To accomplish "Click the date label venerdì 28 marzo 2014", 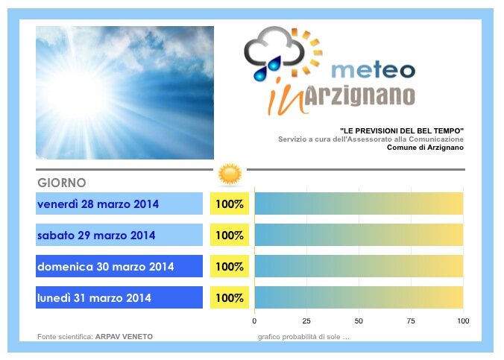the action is coord(98,204).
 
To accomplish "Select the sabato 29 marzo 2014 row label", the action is coord(96,236).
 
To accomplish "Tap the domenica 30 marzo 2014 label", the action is coord(106,267).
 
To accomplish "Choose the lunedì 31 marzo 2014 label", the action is coord(94,298).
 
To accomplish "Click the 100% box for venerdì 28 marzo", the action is coord(230,203).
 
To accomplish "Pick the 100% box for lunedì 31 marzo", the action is coord(230,297).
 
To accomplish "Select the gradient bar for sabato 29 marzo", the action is coord(359,235).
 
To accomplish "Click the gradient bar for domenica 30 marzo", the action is coord(359,266).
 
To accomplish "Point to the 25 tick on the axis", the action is coord(306,320).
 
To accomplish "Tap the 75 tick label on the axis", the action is coord(411,320).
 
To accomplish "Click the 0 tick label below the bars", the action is coord(254,320).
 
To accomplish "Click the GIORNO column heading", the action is coord(62,183).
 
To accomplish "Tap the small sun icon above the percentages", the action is coord(230,174).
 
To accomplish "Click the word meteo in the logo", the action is coord(374,70).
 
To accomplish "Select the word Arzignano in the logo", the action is coord(359,96).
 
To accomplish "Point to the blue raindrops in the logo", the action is coord(268,69).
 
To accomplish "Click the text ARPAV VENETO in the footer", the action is coord(124,337).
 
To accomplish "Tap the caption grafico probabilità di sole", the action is coord(303,337).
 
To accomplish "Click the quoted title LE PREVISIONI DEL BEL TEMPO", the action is coord(402,131).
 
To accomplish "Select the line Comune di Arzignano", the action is coord(425,148).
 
